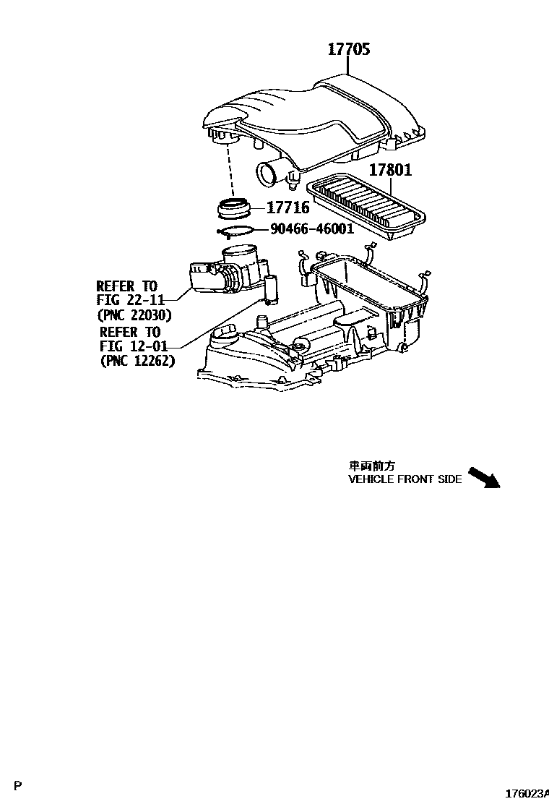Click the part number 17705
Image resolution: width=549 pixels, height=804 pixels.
click(349, 50)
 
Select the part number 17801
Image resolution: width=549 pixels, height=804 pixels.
click(391, 171)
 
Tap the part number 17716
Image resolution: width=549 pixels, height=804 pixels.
click(288, 208)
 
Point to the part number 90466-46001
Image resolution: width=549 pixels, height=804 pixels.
click(312, 229)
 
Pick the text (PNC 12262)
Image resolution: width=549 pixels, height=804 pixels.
click(137, 361)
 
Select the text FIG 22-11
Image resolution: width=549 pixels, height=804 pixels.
click(131, 300)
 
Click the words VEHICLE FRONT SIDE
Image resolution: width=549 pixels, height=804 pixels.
click(405, 479)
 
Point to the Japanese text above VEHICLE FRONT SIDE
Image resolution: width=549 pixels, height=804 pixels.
click(372, 466)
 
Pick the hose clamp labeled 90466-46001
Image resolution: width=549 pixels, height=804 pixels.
click(235, 231)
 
